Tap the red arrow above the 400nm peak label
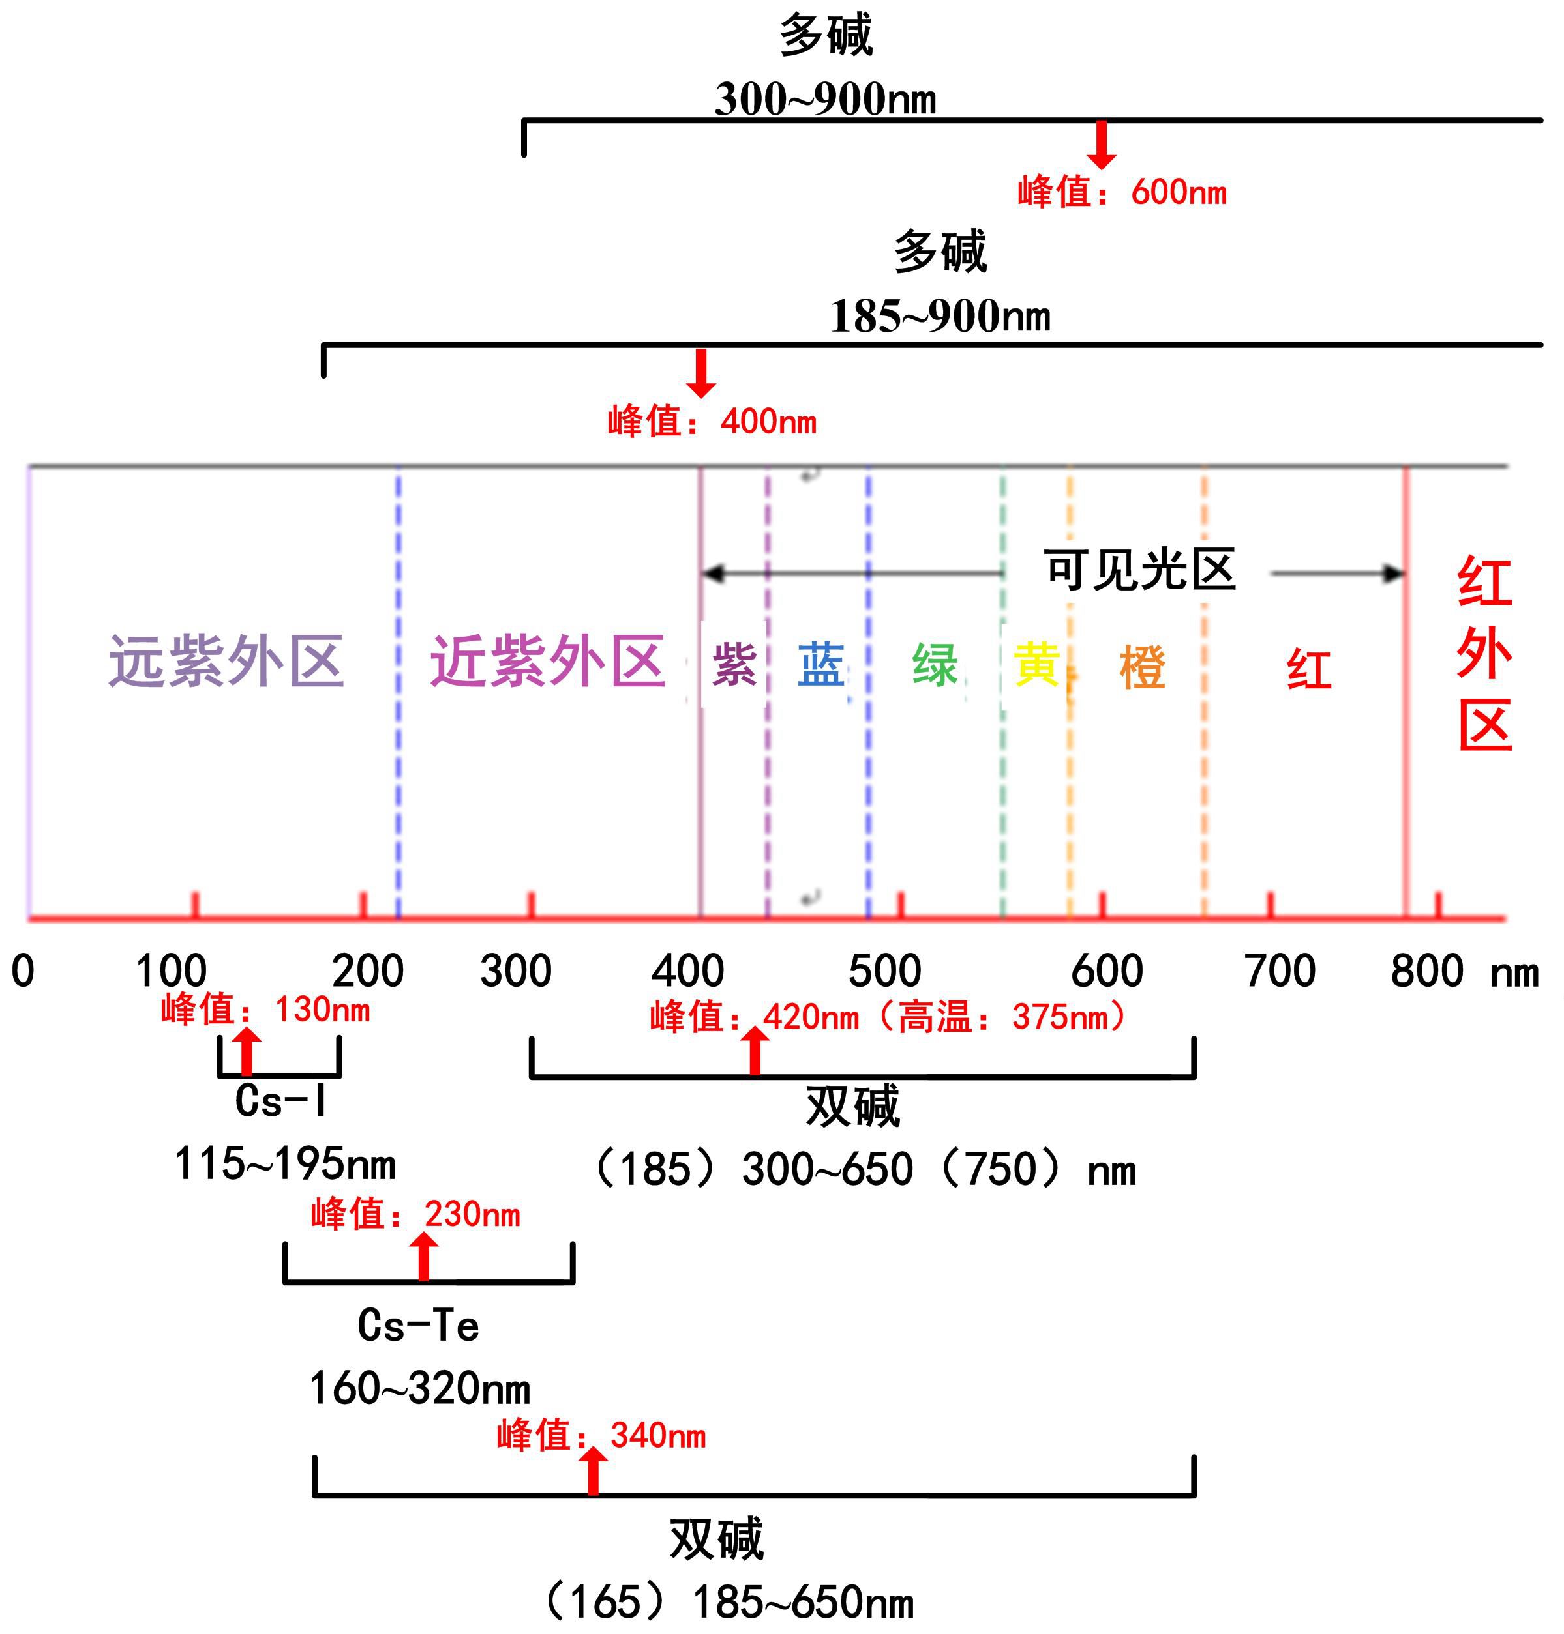click(x=701, y=372)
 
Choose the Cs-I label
click(x=281, y=1101)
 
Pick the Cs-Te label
click(x=419, y=1326)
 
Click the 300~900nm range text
click(x=825, y=99)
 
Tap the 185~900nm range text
click(x=940, y=317)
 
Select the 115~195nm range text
click(x=285, y=1164)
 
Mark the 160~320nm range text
click(x=420, y=1389)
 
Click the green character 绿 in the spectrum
click(x=935, y=665)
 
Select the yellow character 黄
click(x=1036, y=665)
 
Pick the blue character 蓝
click(x=821, y=665)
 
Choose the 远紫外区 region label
click(x=227, y=662)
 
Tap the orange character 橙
click(x=1142, y=667)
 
